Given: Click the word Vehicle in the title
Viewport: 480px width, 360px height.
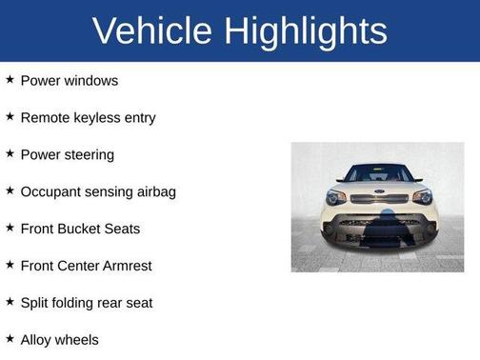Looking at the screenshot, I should click(x=153, y=31).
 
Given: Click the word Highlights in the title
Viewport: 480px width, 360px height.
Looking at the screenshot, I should click(x=306, y=31).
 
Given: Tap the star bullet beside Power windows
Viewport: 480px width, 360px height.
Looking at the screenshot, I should click(x=10, y=79).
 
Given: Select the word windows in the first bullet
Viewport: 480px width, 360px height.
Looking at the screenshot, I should click(x=90, y=81).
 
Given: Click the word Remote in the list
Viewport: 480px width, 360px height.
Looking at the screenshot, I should click(x=46, y=118).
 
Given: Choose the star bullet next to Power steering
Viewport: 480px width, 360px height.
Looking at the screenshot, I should click(x=10, y=153).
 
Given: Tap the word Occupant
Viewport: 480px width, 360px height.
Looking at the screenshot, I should click(x=53, y=191).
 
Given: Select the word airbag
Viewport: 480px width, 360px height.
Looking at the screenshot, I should click(x=153, y=192).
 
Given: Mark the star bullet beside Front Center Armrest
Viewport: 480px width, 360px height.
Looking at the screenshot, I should click(x=10, y=265).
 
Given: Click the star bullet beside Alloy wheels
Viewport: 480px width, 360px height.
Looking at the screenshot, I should click(x=10, y=338).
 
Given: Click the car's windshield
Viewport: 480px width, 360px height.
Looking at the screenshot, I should click(x=378, y=174).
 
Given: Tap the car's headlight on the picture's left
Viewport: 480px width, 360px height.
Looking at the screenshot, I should click(x=336, y=196).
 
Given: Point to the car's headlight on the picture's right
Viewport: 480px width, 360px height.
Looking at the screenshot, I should click(x=421, y=196).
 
